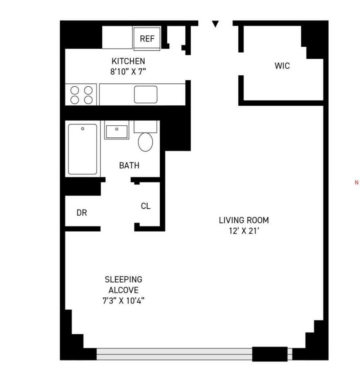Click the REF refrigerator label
coord(147,39)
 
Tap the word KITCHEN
coord(128,61)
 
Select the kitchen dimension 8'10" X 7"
coord(128,71)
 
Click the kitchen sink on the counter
coord(145,94)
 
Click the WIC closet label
coord(282,66)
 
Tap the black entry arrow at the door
coord(215,24)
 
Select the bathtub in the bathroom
coord(83,149)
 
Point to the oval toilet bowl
coord(145,142)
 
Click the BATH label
coord(129,166)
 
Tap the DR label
coord(82,213)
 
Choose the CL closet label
coord(145,206)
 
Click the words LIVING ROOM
coord(244,220)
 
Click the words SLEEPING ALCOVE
coord(124,285)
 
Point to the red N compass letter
coord(356,183)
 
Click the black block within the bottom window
coord(270,354)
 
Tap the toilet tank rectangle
coord(145,126)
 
